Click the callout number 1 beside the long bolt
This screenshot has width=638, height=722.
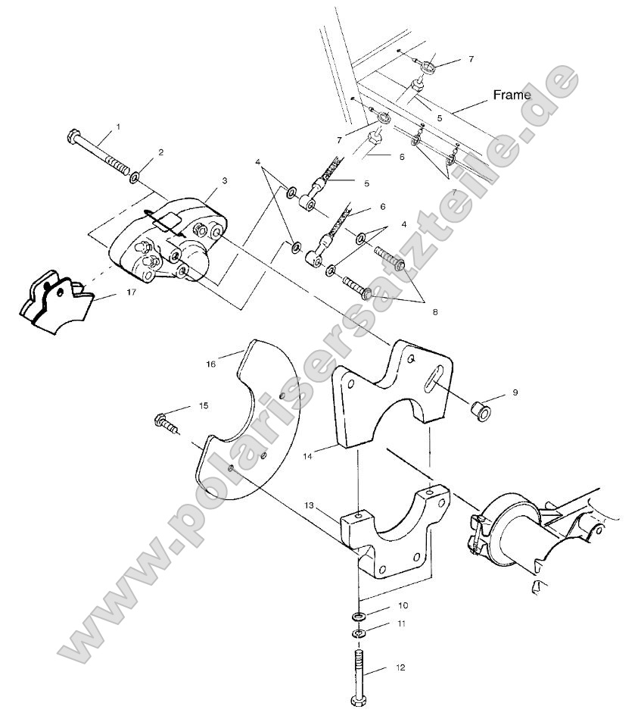(x=117, y=125)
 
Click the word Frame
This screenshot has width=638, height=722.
(x=512, y=95)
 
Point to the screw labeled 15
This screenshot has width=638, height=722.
(x=166, y=422)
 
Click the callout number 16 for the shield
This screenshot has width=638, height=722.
(x=211, y=364)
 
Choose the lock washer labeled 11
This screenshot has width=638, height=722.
(x=359, y=633)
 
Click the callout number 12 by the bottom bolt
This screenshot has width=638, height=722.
(x=400, y=667)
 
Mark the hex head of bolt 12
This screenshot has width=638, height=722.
(x=359, y=701)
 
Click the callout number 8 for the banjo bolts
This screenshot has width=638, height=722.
(x=413, y=311)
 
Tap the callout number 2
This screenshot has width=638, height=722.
(x=160, y=152)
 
